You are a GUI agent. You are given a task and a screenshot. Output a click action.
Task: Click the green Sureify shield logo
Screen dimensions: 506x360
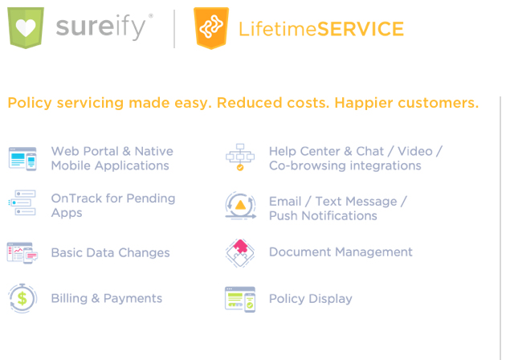tap(26, 28)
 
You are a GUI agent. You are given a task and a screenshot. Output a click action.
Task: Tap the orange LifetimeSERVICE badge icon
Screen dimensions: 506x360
tap(211, 28)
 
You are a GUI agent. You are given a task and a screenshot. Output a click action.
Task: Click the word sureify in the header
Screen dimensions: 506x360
tap(101, 27)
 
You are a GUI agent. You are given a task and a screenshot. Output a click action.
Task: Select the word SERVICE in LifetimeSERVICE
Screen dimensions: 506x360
tap(361, 29)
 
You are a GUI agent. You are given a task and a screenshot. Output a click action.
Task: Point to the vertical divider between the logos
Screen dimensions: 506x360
tap(174, 29)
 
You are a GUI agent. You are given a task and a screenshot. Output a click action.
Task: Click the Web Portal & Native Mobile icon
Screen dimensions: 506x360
tap(22, 158)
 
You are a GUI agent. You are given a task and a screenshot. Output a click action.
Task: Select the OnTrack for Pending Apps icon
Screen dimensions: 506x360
tap(22, 202)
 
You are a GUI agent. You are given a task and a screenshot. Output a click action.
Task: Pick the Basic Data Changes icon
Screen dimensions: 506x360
tap(22, 253)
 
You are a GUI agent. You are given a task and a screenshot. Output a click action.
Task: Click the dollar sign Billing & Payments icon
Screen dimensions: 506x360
tap(22, 298)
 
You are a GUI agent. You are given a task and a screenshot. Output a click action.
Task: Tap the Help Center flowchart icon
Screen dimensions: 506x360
tap(240, 157)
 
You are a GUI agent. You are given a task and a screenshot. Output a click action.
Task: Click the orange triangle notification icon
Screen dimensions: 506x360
tap(241, 206)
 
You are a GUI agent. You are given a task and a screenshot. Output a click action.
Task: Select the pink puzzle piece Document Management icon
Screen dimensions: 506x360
tap(240, 253)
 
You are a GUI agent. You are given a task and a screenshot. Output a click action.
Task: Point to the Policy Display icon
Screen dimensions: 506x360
tap(240, 299)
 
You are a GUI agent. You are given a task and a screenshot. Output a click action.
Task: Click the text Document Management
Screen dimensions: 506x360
tap(341, 252)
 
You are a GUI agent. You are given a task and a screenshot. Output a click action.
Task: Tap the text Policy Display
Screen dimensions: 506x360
tap(311, 299)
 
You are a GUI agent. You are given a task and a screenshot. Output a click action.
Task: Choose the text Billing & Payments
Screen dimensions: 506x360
tap(107, 298)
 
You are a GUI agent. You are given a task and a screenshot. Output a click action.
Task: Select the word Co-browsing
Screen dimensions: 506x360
tap(308, 166)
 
